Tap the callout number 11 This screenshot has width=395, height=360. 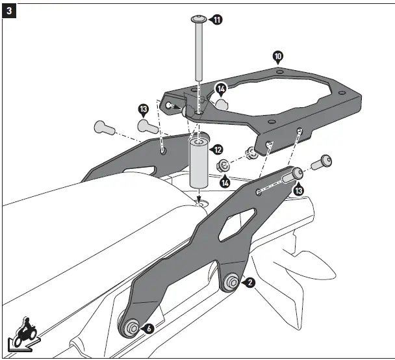[x=216, y=20]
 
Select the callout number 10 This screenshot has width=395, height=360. [x=278, y=57]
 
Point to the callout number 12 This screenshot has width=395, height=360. [x=218, y=150]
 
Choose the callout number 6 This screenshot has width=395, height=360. [x=149, y=329]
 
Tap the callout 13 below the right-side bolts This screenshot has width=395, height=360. [x=298, y=190]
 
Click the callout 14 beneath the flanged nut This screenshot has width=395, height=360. [x=225, y=183]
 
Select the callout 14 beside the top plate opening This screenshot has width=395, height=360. [x=221, y=88]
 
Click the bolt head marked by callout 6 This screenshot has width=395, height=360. [x=131, y=329]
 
